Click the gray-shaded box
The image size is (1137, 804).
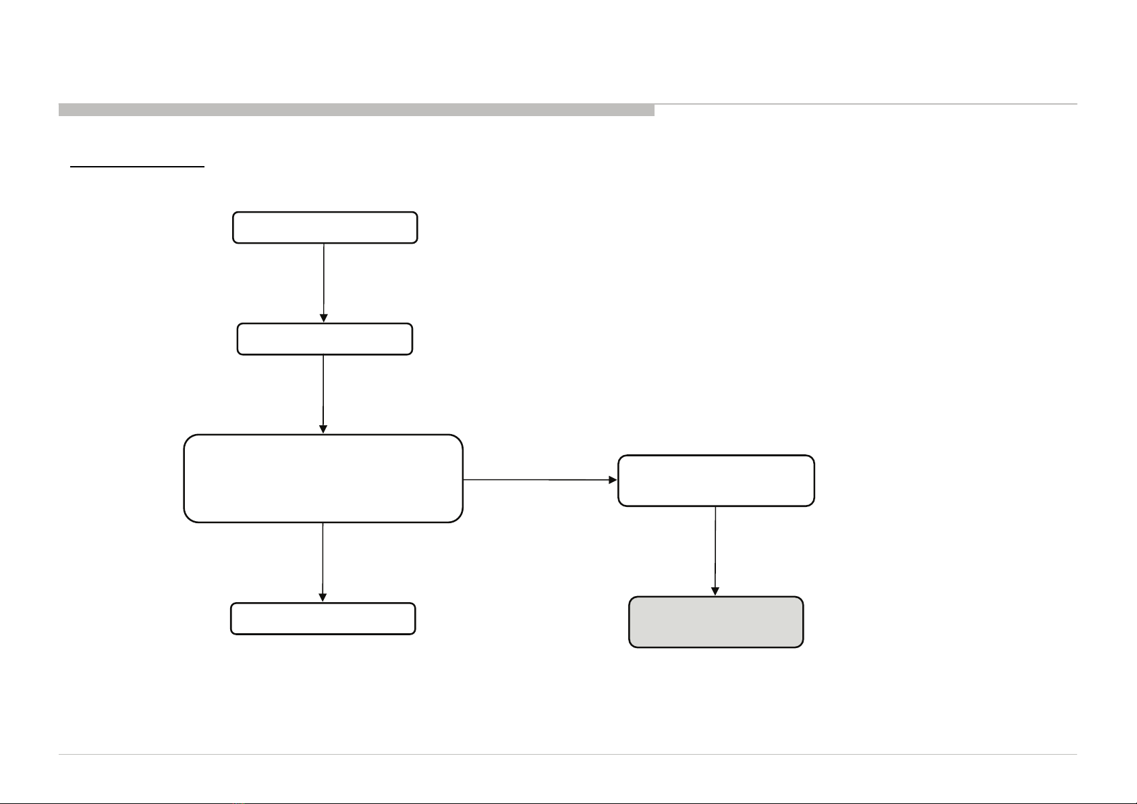coord(716,622)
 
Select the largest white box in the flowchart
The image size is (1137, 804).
coord(323,478)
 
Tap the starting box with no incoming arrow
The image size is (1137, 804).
coord(325,227)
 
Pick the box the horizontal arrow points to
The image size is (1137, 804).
coord(716,480)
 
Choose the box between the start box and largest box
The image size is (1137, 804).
coord(325,339)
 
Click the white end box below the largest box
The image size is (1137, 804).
coord(323,618)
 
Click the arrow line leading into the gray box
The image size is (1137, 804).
coord(715,547)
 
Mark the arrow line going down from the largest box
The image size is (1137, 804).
coord(323,558)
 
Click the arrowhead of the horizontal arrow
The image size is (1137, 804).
coord(613,480)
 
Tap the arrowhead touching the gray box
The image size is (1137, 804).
coord(715,591)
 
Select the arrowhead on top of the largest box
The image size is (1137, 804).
coord(323,429)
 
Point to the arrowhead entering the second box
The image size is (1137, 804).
coord(325,318)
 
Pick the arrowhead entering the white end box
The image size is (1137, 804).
coord(323,597)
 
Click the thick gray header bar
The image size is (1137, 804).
coord(356,109)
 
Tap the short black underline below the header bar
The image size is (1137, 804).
coord(138,166)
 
